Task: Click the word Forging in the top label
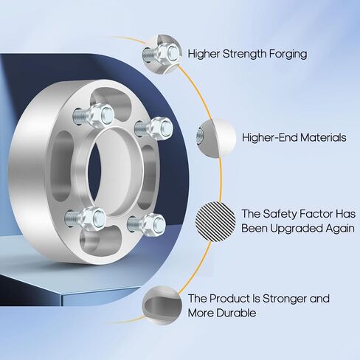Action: pos(288,54)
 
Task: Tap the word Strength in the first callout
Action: pos(244,54)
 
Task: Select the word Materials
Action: pos(323,137)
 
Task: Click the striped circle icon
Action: pos(215,221)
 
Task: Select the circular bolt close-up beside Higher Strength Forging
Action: pos(162,54)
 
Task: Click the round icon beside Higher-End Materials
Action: pos(216,138)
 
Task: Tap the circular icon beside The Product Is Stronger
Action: pos(162,305)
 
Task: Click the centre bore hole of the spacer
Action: pos(108,172)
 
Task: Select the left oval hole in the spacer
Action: pos(61,165)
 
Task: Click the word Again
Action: pos(340,229)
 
